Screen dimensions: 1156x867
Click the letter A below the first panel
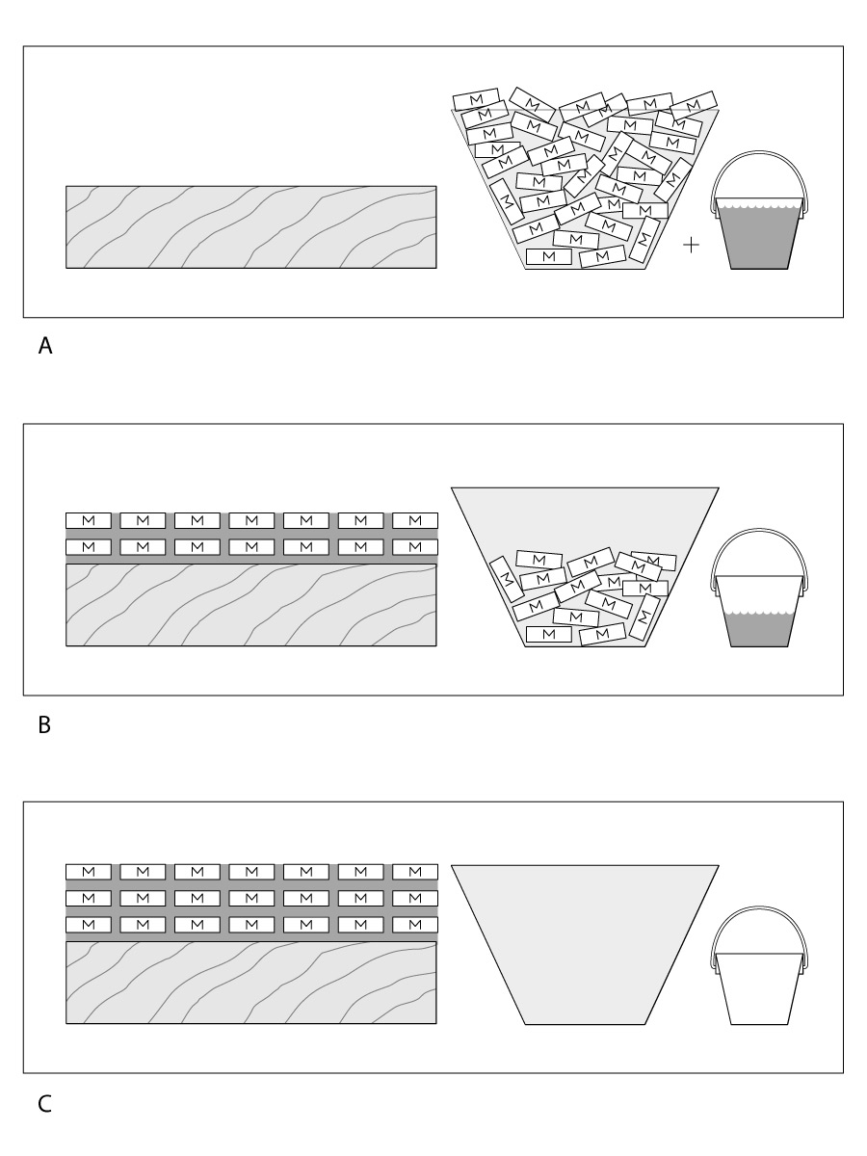click(45, 347)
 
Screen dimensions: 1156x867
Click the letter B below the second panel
click(44, 725)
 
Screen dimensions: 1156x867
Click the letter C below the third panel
click(45, 1104)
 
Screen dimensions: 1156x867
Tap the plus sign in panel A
click(691, 246)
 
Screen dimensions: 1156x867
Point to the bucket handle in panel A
click(760, 155)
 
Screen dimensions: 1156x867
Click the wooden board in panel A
click(250, 226)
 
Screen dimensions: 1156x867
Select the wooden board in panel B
click(250, 604)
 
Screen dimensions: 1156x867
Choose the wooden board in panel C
click(250, 983)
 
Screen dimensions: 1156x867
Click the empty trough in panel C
click(585, 944)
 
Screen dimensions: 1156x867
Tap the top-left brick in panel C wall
click(89, 872)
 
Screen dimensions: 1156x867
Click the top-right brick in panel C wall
click(415, 872)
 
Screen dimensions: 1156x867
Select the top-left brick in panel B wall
click(89, 520)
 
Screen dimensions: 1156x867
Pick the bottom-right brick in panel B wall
click(415, 546)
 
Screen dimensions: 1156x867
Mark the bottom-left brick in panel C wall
click(89, 924)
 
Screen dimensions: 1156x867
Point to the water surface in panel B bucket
click(760, 614)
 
